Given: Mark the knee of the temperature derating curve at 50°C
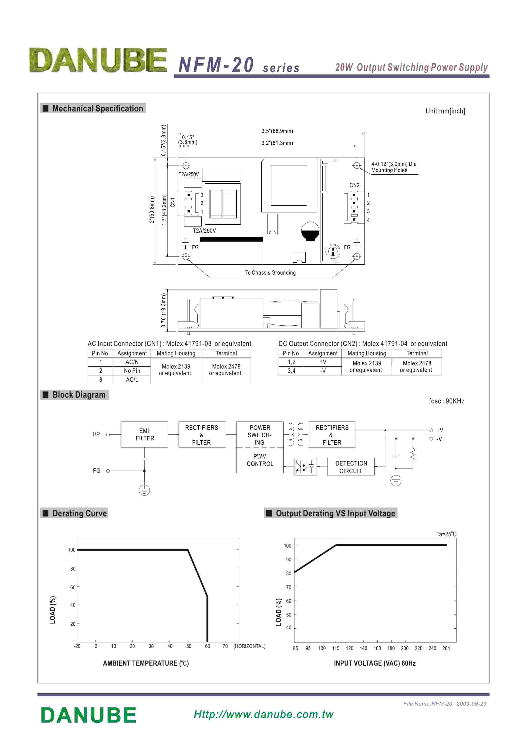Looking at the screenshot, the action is [188, 550].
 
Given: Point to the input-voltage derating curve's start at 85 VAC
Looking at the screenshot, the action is [295, 572].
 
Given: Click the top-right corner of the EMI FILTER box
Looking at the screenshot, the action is [168, 422].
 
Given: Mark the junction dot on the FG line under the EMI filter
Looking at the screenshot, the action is [144, 471].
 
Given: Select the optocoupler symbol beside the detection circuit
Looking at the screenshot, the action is [305, 467].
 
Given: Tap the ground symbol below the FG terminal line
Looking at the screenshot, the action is [144, 490].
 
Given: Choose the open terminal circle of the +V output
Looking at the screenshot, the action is [431, 430].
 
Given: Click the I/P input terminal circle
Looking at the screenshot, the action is [108, 434].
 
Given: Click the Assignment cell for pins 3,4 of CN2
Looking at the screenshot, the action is [323, 371].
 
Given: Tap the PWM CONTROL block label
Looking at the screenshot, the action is [260, 460].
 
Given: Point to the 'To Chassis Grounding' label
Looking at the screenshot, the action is [270, 272].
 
